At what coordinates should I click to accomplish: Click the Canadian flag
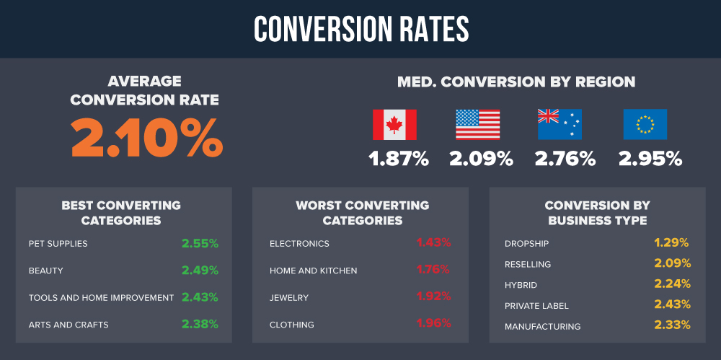[x=394, y=124]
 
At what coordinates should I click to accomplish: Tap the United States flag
[x=477, y=124]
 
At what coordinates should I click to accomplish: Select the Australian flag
[x=559, y=124]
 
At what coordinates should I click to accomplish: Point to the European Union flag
[x=645, y=124]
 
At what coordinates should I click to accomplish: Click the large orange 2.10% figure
[x=146, y=136]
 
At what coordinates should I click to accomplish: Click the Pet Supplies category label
[x=58, y=244]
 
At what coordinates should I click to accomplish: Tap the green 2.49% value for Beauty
[x=200, y=271]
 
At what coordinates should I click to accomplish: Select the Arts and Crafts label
[x=68, y=325]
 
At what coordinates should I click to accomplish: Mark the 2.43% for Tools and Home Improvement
[x=200, y=297]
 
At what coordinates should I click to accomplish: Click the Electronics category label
[x=299, y=244]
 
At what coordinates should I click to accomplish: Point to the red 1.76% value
[x=433, y=271]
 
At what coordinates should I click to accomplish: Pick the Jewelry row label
[x=289, y=298]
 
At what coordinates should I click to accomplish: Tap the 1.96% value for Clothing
[x=433, y=324]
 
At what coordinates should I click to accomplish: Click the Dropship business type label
[x=527, y=244]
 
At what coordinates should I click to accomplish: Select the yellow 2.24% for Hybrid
[x=673, y=284]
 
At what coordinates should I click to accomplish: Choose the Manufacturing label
[x=542, y=327]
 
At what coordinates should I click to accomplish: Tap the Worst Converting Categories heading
[x=362, y=213]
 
